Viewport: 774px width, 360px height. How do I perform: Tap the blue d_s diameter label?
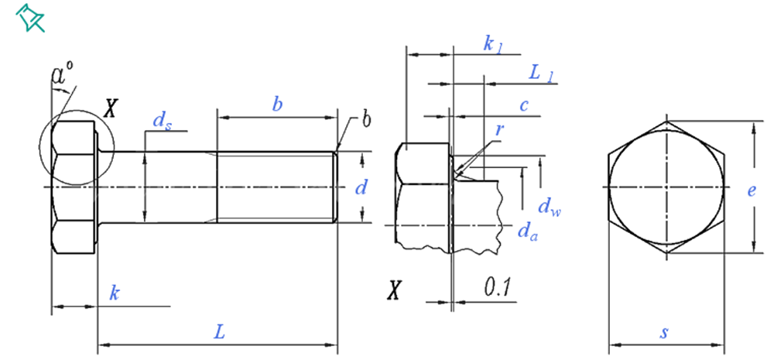click(161, 120)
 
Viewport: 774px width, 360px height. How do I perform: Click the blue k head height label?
click(114, 294)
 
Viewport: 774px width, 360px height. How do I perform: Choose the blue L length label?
click(220, 332)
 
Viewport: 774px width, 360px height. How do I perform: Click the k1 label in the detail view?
click(493, 44)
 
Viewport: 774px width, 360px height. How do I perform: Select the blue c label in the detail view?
click(524, 105)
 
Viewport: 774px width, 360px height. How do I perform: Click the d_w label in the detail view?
click(549, 207)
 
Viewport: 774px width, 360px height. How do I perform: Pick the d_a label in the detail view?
click(527, 230)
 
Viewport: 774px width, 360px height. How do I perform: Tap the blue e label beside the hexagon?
click(750, 190)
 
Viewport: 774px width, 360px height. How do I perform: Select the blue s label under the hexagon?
click(664, 333)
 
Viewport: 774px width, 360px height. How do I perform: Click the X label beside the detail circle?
click(110, 107)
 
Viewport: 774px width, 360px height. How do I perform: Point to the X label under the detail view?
click(395, 292)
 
